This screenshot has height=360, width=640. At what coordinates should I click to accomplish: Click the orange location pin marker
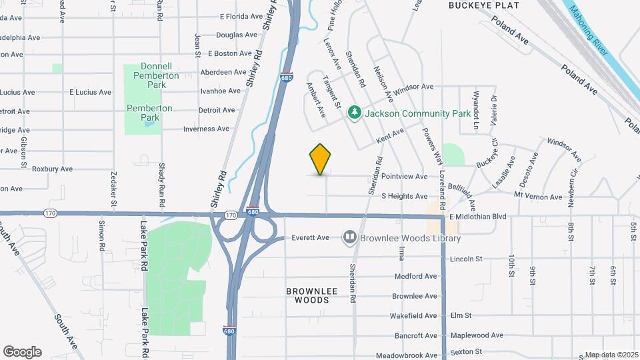[x=321, y=159]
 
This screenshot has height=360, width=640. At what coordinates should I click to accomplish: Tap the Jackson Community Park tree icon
[x=355, y=113]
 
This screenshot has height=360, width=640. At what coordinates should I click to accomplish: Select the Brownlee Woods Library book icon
[x=349, y=238]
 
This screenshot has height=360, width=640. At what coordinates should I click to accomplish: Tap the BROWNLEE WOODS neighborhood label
[x=307, y=295]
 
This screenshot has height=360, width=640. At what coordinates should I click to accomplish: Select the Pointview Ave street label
[x=404, y=177]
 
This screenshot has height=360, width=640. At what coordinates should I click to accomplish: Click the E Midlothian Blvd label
[x=477, y=217]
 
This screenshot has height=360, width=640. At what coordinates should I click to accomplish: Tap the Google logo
[x=22, y=351]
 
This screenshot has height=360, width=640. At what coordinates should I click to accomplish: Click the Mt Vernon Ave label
[x=537, y=197]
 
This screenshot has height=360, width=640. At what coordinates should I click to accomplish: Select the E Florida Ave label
[x=242, y=17]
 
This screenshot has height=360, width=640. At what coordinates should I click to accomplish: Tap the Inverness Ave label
[x=206, y=129]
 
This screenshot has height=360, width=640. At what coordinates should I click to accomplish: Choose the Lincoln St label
[x=466, y=259]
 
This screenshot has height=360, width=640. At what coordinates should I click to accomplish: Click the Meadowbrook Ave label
[x=406, y=355]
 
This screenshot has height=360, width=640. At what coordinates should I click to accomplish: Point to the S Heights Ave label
[x=404, y=197]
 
